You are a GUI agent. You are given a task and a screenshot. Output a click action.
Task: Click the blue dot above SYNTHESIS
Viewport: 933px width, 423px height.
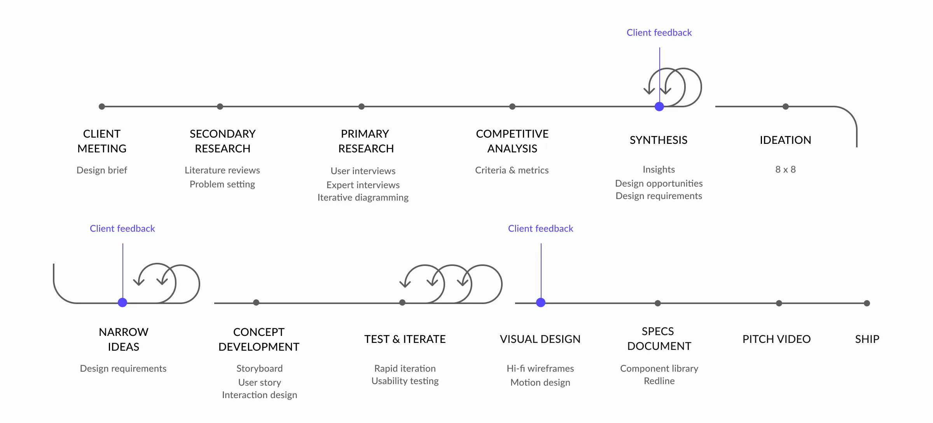659,107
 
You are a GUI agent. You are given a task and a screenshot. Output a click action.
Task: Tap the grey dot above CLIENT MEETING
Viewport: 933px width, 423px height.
102,107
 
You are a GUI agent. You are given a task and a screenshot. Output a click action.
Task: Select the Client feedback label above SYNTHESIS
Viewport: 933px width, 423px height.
659,33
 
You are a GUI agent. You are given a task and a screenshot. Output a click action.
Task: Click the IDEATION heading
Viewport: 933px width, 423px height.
785,140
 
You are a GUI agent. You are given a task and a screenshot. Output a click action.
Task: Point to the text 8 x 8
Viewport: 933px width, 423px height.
785,170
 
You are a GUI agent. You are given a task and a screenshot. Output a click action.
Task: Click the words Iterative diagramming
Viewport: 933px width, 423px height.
363,198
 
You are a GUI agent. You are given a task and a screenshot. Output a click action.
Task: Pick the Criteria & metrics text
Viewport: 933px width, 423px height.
512,170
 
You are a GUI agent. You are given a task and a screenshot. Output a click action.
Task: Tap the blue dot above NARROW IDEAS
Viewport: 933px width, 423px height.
122,302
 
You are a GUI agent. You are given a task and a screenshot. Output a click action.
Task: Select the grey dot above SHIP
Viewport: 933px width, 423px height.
867,303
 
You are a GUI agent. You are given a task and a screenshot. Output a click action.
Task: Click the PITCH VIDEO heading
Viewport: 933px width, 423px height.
776,339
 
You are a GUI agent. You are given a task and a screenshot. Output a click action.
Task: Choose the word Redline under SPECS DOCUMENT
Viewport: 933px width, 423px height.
659,381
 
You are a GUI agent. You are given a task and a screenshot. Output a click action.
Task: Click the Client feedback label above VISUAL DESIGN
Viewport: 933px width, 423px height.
540,229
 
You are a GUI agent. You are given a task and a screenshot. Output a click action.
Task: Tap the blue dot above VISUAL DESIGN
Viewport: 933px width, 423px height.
541,302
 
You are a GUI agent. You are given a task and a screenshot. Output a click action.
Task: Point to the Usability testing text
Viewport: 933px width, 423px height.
405,381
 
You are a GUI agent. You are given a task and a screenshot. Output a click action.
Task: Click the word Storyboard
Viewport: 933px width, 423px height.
259,369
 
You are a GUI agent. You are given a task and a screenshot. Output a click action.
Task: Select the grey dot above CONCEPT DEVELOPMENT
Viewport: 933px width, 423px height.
256,302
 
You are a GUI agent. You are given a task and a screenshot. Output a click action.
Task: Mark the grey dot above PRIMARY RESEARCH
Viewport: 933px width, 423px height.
362,107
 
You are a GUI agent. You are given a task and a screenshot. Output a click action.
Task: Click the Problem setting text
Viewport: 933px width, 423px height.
222,184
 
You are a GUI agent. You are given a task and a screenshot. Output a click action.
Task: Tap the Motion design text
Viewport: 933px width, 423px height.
540,383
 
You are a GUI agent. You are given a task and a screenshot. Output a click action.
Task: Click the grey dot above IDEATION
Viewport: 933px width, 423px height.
786,107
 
